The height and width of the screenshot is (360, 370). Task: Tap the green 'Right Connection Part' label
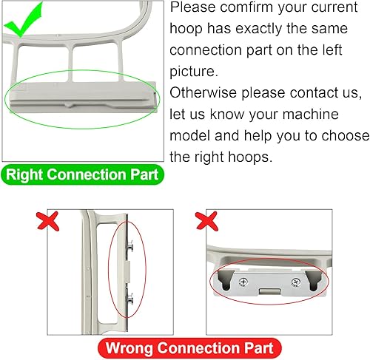[x=82, y=174]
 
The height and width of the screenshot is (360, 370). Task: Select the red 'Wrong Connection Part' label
[x=189, y=348]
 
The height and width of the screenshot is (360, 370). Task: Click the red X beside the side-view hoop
[x=48, y=221]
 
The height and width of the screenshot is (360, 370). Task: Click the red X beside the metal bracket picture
[x=206, y=221]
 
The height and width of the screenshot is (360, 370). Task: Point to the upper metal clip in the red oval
[x=129, y=246]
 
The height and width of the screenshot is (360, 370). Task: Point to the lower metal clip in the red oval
[x=129, y=299]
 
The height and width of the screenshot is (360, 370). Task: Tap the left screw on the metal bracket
[x=243, y=282]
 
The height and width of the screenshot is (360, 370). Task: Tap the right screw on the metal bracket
[x=295, y=282]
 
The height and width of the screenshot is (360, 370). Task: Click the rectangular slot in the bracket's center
[x=269, y=291]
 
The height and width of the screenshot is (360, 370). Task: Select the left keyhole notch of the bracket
[x=226, y=279]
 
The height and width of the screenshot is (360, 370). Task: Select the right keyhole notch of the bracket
[x=314, y=280]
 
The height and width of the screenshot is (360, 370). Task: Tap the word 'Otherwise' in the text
[x=203, y=93]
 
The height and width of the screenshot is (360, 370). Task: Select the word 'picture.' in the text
[x=194, y=72]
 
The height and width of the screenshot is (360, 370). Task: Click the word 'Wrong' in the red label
[x=129, y=348]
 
